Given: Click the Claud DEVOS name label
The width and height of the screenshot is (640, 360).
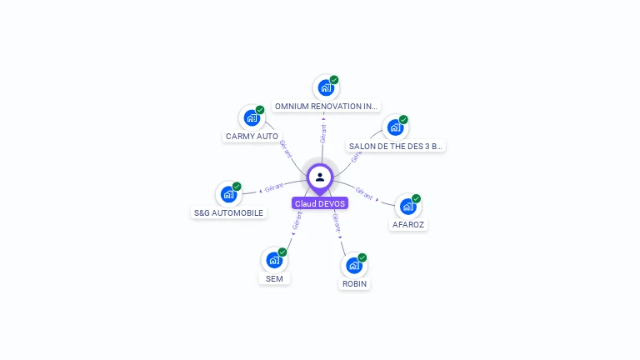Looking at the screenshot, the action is pos(320,203).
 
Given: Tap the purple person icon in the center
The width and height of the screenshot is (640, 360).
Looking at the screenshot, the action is pos(320,177).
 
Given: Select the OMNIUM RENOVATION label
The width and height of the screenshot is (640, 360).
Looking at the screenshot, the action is pos(326,107).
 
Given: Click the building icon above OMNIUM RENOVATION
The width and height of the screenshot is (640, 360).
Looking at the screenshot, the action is pos(326,87).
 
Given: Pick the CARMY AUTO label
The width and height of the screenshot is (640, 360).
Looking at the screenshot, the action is pos(252,136).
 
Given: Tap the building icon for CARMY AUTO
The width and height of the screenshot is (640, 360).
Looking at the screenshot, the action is pos(252,117).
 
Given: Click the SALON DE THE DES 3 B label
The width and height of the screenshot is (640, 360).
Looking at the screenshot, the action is pos(395,146).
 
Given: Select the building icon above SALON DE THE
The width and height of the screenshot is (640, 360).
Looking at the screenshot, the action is pos(395,127).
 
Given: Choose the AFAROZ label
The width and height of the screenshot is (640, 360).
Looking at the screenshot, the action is pos(408,224).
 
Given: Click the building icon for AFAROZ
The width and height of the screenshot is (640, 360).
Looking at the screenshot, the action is pos(407,206).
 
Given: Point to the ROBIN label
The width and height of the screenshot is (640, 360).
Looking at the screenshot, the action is pos(354,284).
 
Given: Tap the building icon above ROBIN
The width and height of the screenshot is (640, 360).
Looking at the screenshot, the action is pos(354,266).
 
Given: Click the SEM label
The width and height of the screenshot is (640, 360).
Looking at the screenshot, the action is pos(274,278).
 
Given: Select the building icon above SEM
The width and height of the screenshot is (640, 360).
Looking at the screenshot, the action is pos(274,260).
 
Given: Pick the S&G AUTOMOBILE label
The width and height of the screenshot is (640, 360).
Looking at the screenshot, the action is pos(228,212).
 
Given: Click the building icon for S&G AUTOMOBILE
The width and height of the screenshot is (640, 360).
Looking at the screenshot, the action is pos(228,194).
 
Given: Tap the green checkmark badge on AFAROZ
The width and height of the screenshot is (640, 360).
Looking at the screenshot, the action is pos(417,198).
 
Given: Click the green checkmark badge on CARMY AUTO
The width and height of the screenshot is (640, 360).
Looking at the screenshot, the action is pos(260,110).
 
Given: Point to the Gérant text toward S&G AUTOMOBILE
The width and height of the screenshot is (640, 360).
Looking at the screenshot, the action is pos(274,186).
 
